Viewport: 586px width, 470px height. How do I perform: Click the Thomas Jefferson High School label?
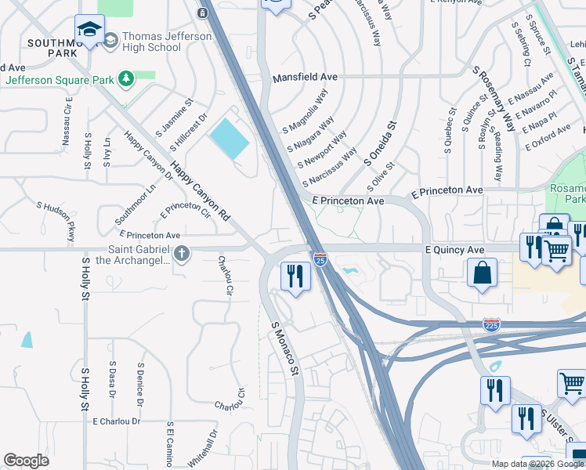pyautogui.click(x=167, y=42)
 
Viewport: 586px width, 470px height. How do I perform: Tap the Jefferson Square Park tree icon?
pyautogui.click(x=125, y=79)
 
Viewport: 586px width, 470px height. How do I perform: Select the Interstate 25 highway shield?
pyautogui.click(x=320, y=258)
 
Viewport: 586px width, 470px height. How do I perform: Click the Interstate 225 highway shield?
pyautogui.click(x=491, y=325)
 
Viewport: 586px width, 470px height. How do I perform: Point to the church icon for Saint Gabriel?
pyautogui.click(x=182, y=253)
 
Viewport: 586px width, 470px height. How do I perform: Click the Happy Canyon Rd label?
pyautogui.click(x=201, y=190)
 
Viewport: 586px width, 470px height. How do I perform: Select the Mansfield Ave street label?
pyautogui.click(x=305, y=78)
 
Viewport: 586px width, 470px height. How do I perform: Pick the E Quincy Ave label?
pyautogui.click(x=454, y=249)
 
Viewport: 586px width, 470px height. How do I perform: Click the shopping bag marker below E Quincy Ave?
pyautogui.click(x=482, y=273)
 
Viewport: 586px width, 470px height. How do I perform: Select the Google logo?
pyautogui.click(x=27, y=461)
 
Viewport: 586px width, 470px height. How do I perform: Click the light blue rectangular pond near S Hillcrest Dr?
pyautogui.click(x=229, y=139)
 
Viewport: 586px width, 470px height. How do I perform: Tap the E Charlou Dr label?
pyautogui.click(x=116, y=421)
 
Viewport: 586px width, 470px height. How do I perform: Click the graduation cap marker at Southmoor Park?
pyautogui.click(x=90, y=29)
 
